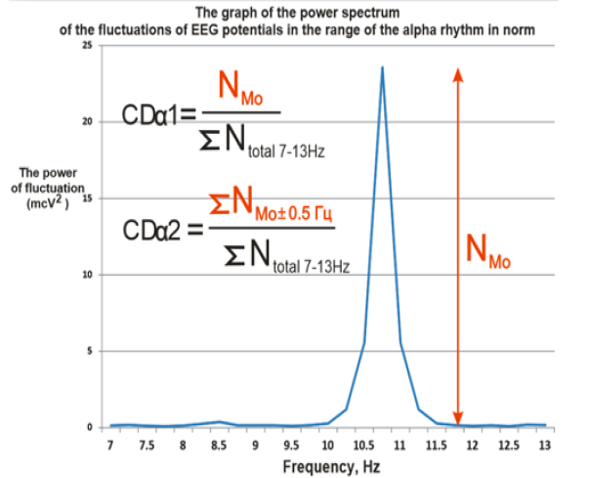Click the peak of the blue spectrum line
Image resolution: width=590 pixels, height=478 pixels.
coord(382,67)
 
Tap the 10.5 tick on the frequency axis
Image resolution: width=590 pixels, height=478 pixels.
coord(362,444)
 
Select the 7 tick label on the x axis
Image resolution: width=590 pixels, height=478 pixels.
coord(110,444)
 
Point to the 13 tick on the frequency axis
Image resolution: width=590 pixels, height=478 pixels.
coord(543,444)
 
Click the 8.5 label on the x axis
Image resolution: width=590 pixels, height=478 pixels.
coord(219,444)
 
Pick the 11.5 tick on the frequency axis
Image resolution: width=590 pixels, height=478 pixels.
coord(435,444)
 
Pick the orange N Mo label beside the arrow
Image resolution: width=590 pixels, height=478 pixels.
coord(488,253)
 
